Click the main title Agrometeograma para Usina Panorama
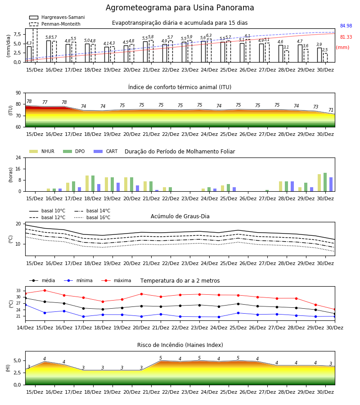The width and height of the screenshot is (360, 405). point(180,8)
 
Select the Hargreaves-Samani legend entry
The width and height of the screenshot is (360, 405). point(57,17)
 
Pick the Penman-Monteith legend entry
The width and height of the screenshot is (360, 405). point(55,24)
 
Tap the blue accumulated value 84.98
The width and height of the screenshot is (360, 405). point(346,26)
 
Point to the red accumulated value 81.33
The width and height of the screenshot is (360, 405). point(346,37)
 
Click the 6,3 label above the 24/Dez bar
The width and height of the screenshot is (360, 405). point(209,36)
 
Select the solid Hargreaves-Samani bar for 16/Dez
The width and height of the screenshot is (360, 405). point(49,51)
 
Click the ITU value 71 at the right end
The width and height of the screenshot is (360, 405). point(331,110)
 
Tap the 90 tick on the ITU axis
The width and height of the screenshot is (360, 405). point(18,93)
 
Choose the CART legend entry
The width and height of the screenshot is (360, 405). point(106,151)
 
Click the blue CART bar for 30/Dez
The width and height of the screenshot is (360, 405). point(331,184)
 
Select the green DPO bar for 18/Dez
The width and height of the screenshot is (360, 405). point(93,184)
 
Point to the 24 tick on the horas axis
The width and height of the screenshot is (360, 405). point(18,158)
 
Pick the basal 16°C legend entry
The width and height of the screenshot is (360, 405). point(92,217)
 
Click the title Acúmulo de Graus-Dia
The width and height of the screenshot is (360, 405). point(180,216)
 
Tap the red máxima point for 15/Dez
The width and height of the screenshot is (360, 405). point(45,290)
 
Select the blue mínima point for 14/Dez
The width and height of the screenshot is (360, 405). point(25,305)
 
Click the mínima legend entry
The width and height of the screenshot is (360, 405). point(78,280)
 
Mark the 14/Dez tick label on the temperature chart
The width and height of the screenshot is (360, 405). point(25,328)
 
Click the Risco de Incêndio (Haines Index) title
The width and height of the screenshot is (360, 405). point(180,345)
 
